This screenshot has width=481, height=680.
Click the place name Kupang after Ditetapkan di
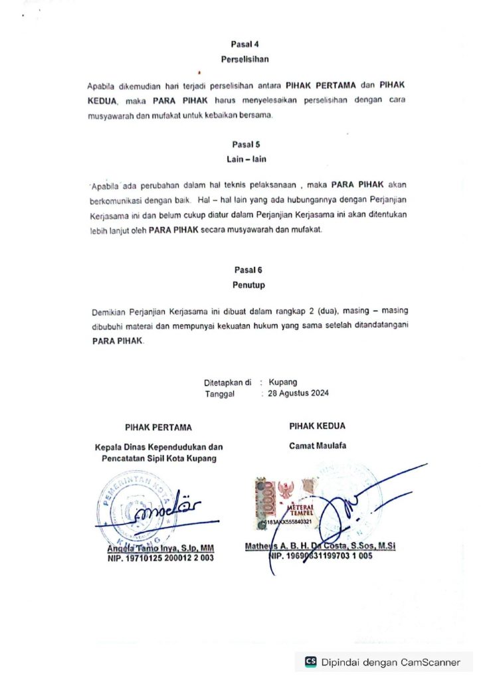coord(283,382)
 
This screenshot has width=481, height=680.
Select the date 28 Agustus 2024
coord(298,392)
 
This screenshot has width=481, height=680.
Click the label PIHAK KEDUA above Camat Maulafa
coord(317,426)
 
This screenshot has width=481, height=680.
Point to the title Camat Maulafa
coord(317,446)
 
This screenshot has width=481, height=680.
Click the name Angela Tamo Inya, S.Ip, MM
coord(160,549)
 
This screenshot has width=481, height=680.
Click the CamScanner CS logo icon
coord(310,661)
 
